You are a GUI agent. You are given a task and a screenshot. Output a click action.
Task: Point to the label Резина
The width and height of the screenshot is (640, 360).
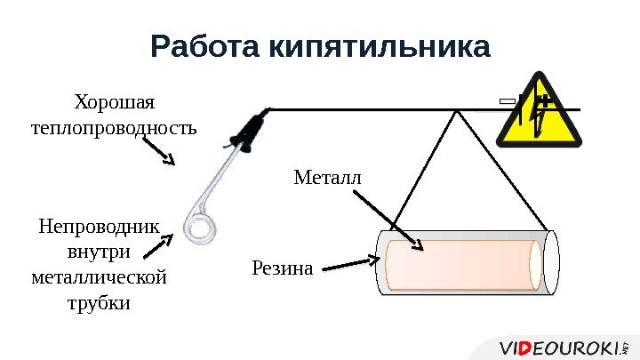point(283,266)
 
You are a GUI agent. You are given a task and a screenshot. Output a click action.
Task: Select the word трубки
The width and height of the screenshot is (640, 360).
point(99,303)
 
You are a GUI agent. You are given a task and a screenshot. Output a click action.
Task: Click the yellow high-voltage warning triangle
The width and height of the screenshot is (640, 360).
point(541,111)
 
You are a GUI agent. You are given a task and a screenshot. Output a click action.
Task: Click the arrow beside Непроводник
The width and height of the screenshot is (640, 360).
point(169,235)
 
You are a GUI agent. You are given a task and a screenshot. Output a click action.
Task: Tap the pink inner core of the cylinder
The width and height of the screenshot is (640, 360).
point(462,264)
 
